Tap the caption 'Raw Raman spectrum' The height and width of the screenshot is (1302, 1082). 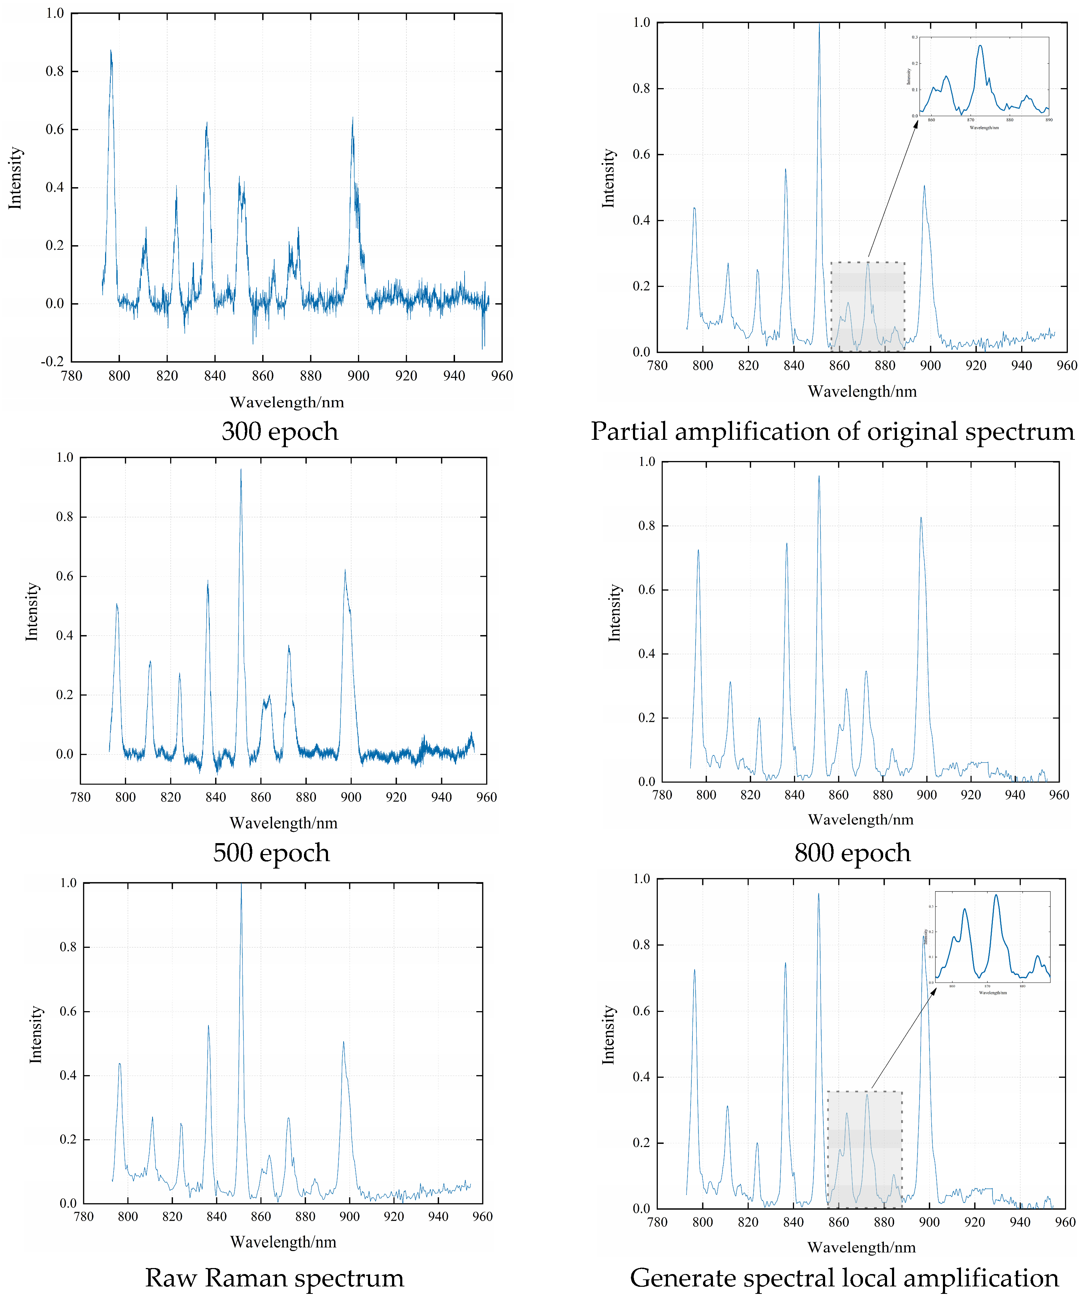[x=274, y=1278]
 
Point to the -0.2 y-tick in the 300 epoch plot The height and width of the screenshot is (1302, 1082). [x=53, y=362]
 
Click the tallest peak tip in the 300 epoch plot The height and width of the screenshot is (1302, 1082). [x=111, y=51]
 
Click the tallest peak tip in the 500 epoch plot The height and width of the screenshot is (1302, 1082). [x=241, y=470]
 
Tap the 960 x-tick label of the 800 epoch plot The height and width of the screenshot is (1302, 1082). [x=1058, y=795]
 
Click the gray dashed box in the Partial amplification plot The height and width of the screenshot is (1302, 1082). [x=868, y=307]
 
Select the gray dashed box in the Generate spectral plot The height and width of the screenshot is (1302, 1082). [x=864, y=1150]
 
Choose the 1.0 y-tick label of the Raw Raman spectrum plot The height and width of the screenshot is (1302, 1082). [x=68, y=883]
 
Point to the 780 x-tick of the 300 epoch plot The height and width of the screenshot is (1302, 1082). [x=71, y=376]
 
